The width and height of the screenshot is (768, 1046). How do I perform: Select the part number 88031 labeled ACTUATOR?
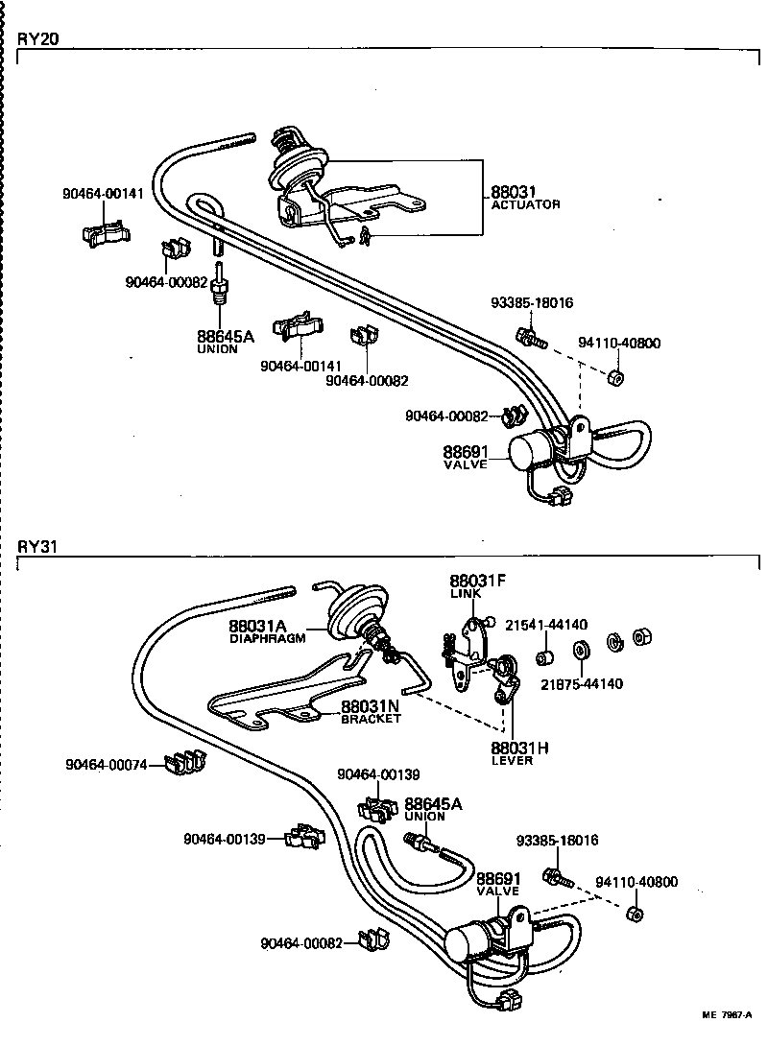pyautogui.click(x=512, y=193)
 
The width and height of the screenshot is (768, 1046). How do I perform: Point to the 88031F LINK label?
pyautogui.click(x=477, y=581)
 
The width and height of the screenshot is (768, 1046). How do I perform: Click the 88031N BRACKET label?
pyautogui.click(x=371, y=707)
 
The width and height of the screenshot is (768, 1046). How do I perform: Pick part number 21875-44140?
pyautogui.click(x=581, y=684)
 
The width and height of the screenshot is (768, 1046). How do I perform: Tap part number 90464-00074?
pyautogui.click(x=107, y=765)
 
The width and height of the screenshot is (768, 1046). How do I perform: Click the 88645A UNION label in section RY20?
pyautogui.click(x=225, y=337)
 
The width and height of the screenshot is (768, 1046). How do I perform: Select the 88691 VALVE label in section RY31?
pyautogui.click(x=498, y=879)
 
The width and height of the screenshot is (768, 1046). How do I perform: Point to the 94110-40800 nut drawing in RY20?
pyautogui.click(x=617, y=376)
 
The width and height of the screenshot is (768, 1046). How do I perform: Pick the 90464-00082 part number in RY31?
pyautogui.click(x=300, y=943)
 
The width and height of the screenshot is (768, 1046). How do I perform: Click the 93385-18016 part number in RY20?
pyautogui.click(x=531, y=303)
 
